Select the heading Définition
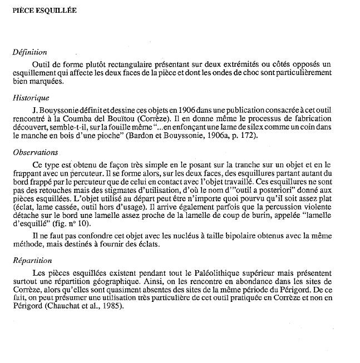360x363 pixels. tap(29, 52)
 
